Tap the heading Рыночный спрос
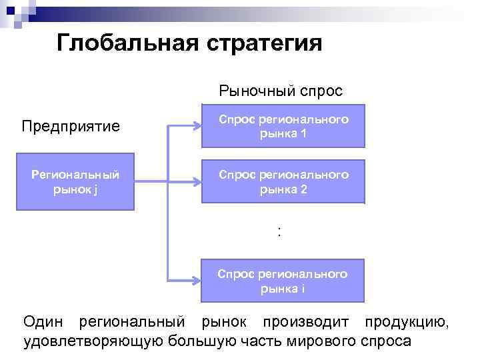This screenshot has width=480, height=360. pyautogui.click(x=281, y=90)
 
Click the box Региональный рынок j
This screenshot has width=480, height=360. pyautogui.click(x=76, y=181)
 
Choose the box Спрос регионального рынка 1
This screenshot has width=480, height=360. pyautogui.click(x=283, y=126)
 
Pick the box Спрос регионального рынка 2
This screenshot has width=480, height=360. pyautogui.click(x=283, y=181)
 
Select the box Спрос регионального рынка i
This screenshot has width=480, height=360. pyautogui.click(x=283, y=281)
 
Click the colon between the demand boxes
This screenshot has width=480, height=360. pyautogui.click(x=279, y=231)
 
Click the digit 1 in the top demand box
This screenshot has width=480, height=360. pyautogui.click(x=303, y=133)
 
